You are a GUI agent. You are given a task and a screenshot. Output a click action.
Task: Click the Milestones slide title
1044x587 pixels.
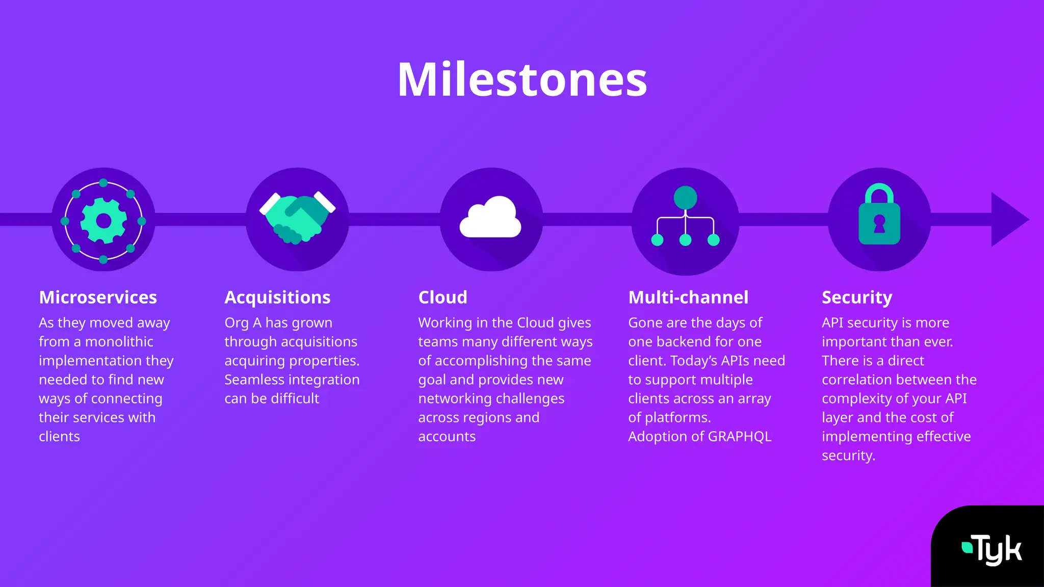[x=522, y=79]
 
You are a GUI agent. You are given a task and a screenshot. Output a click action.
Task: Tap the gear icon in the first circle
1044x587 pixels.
[x=103, y=221]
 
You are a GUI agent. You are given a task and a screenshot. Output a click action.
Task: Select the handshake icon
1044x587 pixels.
[x=297, y=218]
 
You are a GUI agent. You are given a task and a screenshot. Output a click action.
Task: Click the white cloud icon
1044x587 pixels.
[x=490, y=218]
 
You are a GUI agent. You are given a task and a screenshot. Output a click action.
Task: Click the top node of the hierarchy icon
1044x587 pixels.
[x=685, y=198]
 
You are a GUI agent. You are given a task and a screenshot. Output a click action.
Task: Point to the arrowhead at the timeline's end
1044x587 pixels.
[x=1008, y=220]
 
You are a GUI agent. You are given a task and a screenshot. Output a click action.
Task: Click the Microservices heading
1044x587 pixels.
[x=98, y=297]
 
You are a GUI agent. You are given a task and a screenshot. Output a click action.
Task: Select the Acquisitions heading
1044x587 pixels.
[x=277, y=297]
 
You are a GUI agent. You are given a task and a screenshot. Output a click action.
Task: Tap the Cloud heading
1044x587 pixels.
[x=442, y=297]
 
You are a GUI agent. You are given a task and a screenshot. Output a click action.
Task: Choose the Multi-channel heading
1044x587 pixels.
[x=688, y=297]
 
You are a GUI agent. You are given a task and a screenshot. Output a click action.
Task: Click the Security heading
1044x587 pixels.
[x=857, y=297]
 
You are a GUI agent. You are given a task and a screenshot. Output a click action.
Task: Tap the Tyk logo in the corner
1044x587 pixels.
[x=992, y=549]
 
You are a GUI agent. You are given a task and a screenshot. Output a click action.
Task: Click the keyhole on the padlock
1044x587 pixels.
[x=879, y=223]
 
